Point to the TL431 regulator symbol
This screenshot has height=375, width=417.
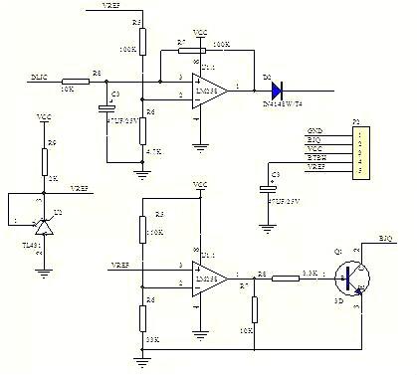click(x=43, y=223)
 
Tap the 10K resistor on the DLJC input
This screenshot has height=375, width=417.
click(x=75, y=81)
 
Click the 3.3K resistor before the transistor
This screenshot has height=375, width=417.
click(x=286, y=276)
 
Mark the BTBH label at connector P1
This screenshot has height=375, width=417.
click(x=316, y=158)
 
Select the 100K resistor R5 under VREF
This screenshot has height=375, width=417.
click(x=142, y=41)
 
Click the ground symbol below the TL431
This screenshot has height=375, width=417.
click(x=43, y=254)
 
